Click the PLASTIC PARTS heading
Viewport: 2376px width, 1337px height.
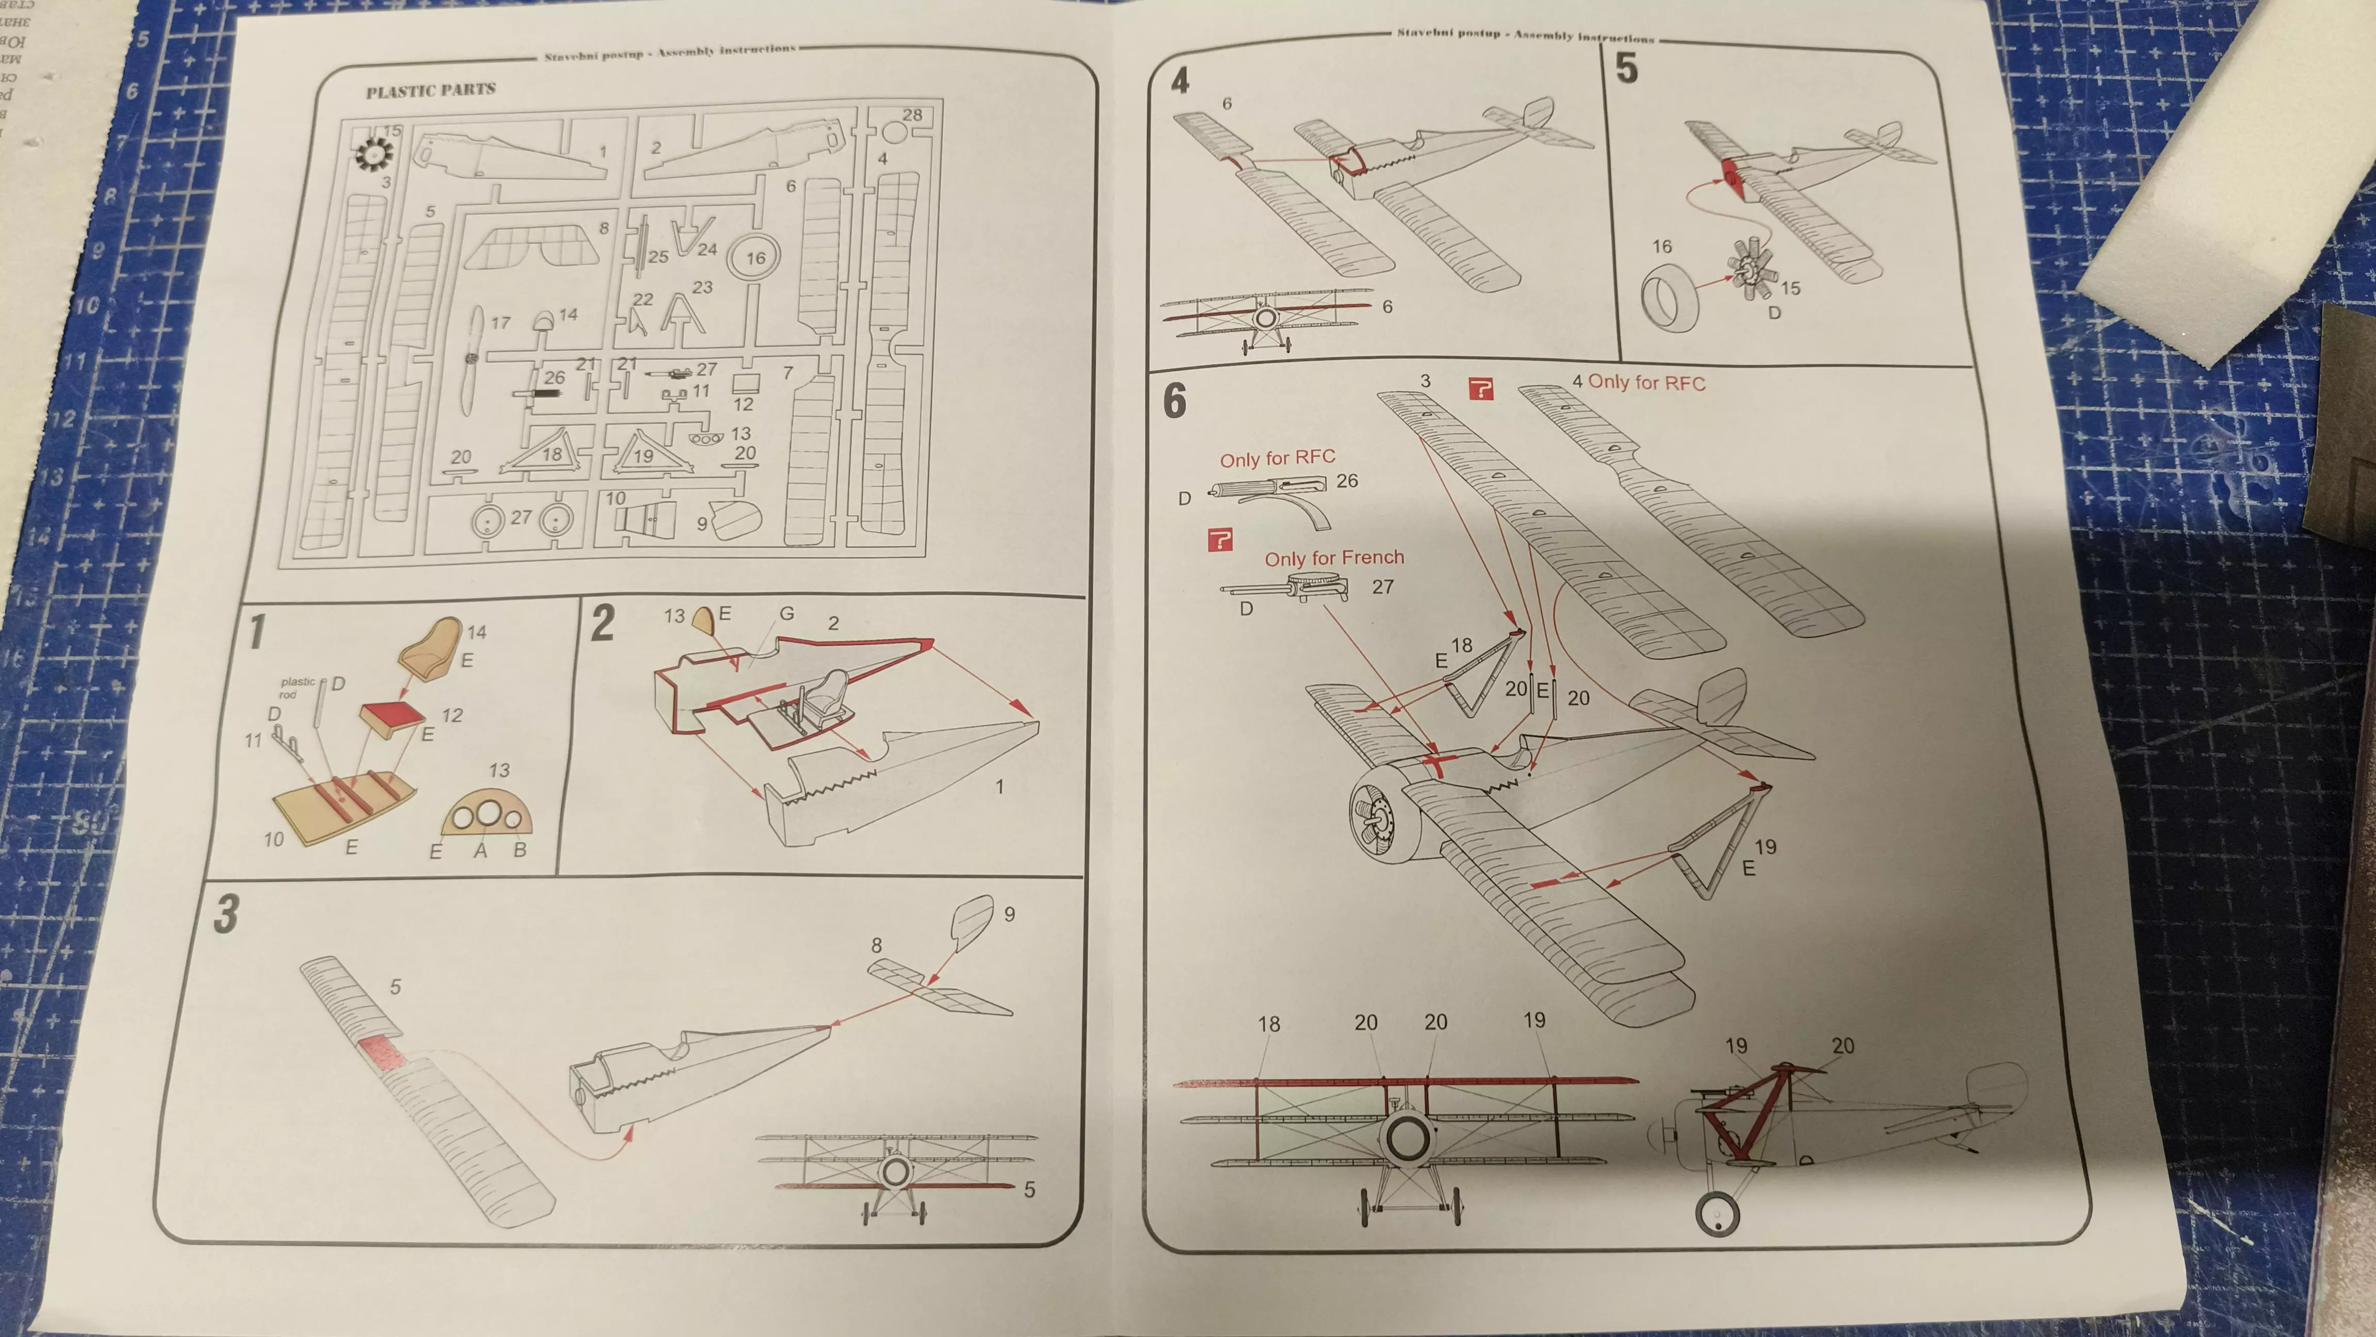(430, 90)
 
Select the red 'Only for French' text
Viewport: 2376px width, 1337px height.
(1334, 558)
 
